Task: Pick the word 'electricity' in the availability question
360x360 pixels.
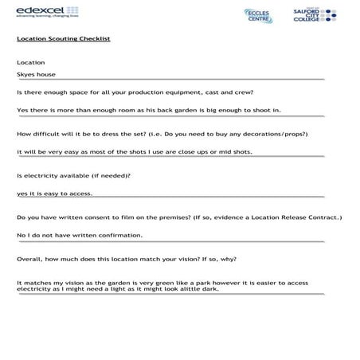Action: [41, 174]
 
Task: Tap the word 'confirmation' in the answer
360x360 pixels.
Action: [120, 235]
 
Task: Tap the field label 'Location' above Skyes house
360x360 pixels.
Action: [30, 62]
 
